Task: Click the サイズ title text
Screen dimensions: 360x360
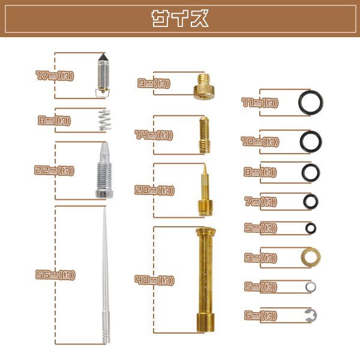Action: click(x=180, y=19)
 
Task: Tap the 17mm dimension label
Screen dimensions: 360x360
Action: click(x=55, y=76)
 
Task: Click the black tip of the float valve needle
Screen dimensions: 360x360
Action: click(x=103, y=57)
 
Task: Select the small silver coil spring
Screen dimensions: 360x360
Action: click(x=104, y=120)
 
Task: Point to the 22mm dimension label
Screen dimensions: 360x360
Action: click(x=54, y=170)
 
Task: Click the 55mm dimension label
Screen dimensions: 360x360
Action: click(x=55, y=275)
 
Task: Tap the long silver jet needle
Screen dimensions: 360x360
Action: click(x=106, y=275)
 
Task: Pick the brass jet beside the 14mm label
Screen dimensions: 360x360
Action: click(x=205, y=135)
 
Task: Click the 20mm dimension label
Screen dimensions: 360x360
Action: click(x=154, y=190)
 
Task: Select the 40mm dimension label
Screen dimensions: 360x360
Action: click(x=154, y=280)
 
